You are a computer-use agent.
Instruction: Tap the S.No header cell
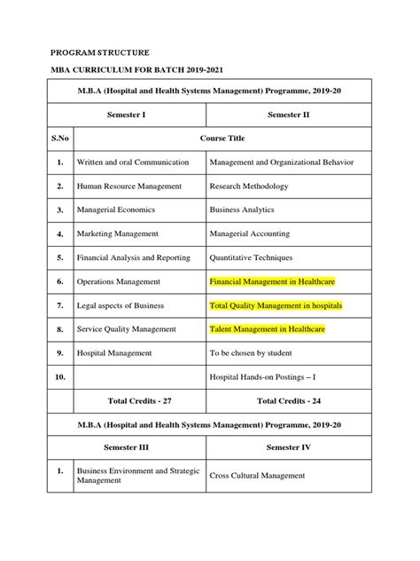click(58, 138)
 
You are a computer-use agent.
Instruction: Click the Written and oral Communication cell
click(133, 162)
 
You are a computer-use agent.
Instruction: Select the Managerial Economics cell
click(116, 210)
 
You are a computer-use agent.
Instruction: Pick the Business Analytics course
click(242, 210)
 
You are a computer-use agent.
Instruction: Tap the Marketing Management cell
click(118, 233)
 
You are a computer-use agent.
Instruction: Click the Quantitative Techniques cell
click(253, 257)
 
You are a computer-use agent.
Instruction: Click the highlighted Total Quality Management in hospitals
click(276, 305)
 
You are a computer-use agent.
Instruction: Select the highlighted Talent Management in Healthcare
click(268, 329)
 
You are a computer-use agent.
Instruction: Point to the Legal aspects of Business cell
click(120, 305)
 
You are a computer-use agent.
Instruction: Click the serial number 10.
click(58, 376)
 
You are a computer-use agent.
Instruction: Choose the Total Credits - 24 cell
click(288, 400)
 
